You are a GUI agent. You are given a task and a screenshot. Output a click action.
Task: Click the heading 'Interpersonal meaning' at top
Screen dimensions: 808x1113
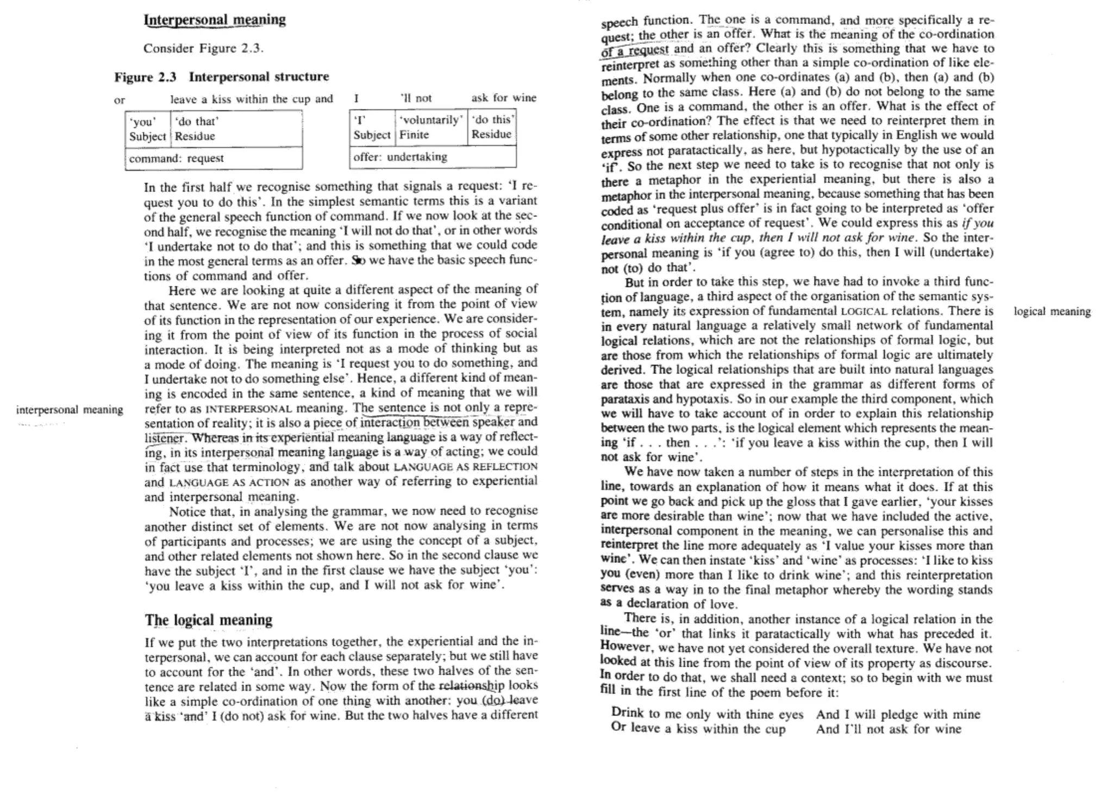coord(214,20)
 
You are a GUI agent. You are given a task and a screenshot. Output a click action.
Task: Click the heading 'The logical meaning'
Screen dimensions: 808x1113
coord(208,620)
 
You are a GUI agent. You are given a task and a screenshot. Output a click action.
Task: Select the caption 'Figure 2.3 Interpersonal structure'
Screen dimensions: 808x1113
coord(221,77)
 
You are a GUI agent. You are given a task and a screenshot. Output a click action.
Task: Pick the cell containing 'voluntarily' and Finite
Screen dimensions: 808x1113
coord(430,127)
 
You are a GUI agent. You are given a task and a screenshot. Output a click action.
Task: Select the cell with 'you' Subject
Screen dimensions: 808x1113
coord(147,129)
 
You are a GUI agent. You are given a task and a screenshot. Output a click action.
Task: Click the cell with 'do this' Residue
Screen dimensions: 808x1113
coord(491,127)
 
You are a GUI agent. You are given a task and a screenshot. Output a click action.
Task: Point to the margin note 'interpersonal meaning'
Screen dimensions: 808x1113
coord(70,410)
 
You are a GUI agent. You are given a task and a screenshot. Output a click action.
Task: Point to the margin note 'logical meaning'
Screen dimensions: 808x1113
coord(1052,311)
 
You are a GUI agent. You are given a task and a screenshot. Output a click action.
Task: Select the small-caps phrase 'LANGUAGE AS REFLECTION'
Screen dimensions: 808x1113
coord(465,467)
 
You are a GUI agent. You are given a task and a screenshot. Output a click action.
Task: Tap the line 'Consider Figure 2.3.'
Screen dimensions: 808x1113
coord(203,48)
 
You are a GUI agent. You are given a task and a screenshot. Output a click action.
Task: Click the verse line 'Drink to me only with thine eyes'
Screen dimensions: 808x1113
coord(706,713)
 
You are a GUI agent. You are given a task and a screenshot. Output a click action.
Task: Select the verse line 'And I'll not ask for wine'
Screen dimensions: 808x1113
coord(888,729)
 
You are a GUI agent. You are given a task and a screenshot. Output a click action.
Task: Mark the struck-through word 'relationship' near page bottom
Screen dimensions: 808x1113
coord(471,686)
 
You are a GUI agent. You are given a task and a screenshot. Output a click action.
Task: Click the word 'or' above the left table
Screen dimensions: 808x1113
coord(120,100)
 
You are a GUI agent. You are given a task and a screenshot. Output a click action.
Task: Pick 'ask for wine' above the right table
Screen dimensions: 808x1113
coord(503,98)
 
